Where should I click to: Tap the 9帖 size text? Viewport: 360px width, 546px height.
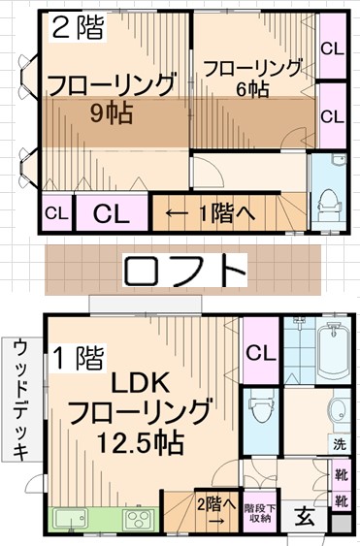coord(111,112)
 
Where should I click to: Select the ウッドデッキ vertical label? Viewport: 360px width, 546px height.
coord(20,399)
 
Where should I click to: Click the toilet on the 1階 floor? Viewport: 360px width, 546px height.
coord(261,413)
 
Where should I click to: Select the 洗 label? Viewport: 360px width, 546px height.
coord(340,445)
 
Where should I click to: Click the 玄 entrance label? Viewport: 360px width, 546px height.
coord(304,516)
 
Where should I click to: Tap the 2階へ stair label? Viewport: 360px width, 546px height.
coord(215,503)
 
